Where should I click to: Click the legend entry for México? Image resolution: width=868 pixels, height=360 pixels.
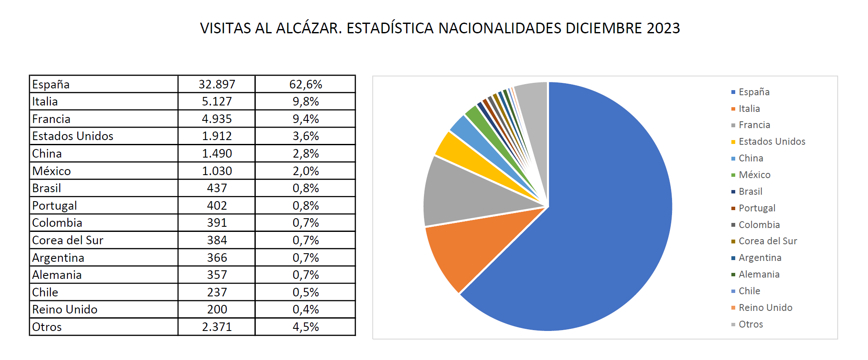(x=754, y=175)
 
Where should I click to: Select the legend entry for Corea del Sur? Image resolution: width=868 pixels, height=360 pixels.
(x=768, y=241)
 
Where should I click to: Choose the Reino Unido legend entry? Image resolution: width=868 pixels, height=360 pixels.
(x=765, y=307)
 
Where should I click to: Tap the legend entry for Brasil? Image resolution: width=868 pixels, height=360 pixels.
(x=750, y=191)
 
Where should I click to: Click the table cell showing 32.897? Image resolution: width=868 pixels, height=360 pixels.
(x=217, y=84)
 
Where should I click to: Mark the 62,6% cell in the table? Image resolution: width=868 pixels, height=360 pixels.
(x=306, y=84)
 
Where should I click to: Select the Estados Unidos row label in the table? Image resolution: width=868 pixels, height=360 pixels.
(x=73, y=136)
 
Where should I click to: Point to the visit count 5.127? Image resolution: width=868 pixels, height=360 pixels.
(x=217, y=102)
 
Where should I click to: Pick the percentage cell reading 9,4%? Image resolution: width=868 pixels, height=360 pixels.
(x=306, y=119)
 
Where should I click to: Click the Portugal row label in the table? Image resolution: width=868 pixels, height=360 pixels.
(x=55, y=205)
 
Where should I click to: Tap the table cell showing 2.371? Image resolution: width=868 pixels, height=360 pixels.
(x=217, y=327)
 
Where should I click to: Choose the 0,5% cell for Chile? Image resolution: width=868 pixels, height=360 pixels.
(x=306, y=292)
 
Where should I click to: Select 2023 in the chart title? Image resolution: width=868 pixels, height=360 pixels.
(x=663, y=28)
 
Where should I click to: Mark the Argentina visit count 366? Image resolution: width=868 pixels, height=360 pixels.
(x=217, y=258)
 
